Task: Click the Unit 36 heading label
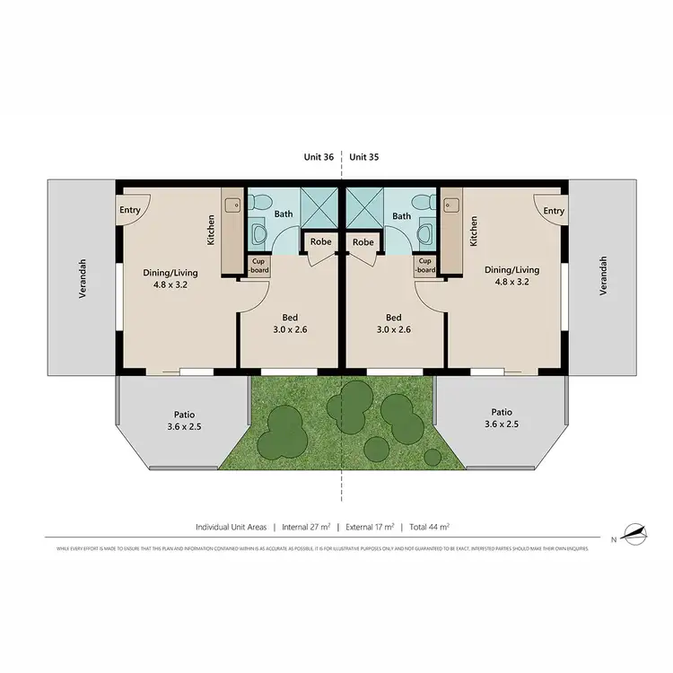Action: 319,157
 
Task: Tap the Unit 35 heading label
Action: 363,157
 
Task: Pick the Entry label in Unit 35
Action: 554,211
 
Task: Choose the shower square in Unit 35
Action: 365,207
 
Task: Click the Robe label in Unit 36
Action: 319,242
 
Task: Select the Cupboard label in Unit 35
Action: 426,266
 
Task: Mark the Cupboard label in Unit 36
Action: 257,266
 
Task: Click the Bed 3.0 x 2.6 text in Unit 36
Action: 291,323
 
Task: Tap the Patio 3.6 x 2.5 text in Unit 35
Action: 502,418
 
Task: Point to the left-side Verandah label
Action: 83,278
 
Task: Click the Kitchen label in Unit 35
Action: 472,232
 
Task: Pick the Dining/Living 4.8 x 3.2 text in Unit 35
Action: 511,275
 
